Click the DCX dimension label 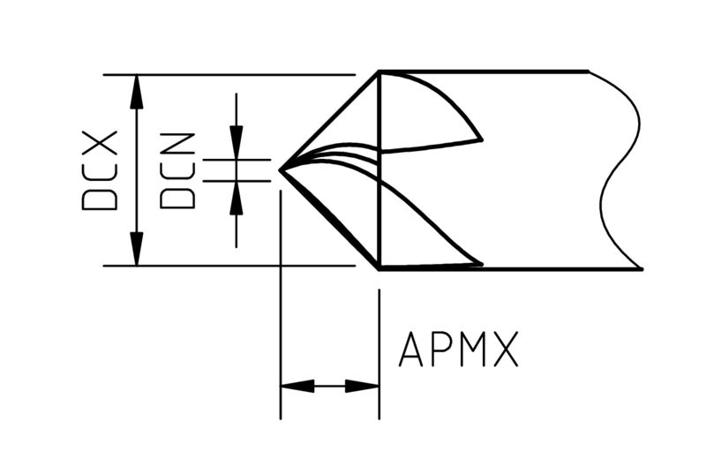(100, 170)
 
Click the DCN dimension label (177, 170)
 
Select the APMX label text (458, 349)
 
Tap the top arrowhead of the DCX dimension (137, 92)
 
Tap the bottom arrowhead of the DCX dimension (137, 249)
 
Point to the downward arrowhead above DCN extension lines (237, 142)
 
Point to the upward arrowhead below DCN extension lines (237, 198)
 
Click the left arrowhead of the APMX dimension (297, 386)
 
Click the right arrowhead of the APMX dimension (362, 386)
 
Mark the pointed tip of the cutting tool (281, 170)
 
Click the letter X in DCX (100, 143)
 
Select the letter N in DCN (177, 145)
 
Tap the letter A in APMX (410, 349)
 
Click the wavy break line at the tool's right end (620, 170)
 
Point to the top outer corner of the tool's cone (379, 72)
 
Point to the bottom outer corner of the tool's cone (379, 268)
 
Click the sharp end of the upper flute (481, 140)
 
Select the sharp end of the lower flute (481, 264)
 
